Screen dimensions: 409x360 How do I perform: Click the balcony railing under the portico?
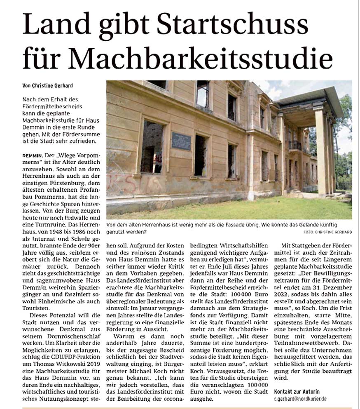click(295, 145)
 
